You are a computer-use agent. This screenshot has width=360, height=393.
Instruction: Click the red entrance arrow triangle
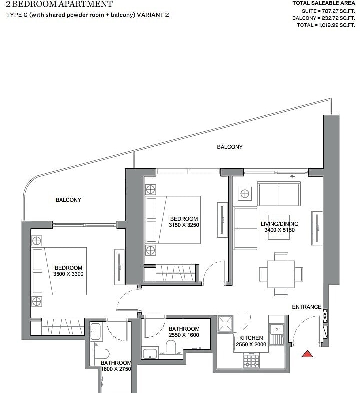click(307, 354)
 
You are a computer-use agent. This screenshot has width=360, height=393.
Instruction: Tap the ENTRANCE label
click(306, 307)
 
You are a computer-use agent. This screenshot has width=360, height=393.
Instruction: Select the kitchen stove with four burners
click(251, 360)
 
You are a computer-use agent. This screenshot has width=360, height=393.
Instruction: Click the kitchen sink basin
click(277, 329)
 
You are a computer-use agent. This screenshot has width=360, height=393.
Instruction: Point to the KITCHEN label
click(251, 338)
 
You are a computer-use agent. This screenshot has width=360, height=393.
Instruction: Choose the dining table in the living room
click(281, 274)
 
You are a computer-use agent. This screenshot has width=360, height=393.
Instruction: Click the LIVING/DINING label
click(279, 224)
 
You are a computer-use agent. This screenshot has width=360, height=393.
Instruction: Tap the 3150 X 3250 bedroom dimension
click(184, 225)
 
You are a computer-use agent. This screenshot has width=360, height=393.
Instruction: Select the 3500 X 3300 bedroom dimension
click(68, 274)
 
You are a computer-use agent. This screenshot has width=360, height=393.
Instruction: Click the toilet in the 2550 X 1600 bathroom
click(171, 347)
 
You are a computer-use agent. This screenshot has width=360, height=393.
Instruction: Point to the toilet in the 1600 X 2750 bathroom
click(102, 353)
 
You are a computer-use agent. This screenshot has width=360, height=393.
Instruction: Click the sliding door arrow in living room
click(292, 176)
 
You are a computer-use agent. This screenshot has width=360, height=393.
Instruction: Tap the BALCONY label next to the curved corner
click(68, 200)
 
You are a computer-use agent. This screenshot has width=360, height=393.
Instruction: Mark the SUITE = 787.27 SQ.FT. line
click(328, 11)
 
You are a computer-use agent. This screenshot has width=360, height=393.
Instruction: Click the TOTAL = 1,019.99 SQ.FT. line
click(326, 25)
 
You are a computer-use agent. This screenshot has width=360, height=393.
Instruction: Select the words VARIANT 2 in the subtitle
click(153, 15)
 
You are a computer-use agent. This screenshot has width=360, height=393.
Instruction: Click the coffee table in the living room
click(279, 227)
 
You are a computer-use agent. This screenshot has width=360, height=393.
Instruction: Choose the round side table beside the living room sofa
click(245, 193)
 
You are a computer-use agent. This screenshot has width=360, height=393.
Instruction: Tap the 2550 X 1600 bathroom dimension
click(184, 335)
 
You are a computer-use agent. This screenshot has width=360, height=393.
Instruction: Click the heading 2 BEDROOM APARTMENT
click(59, 4)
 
